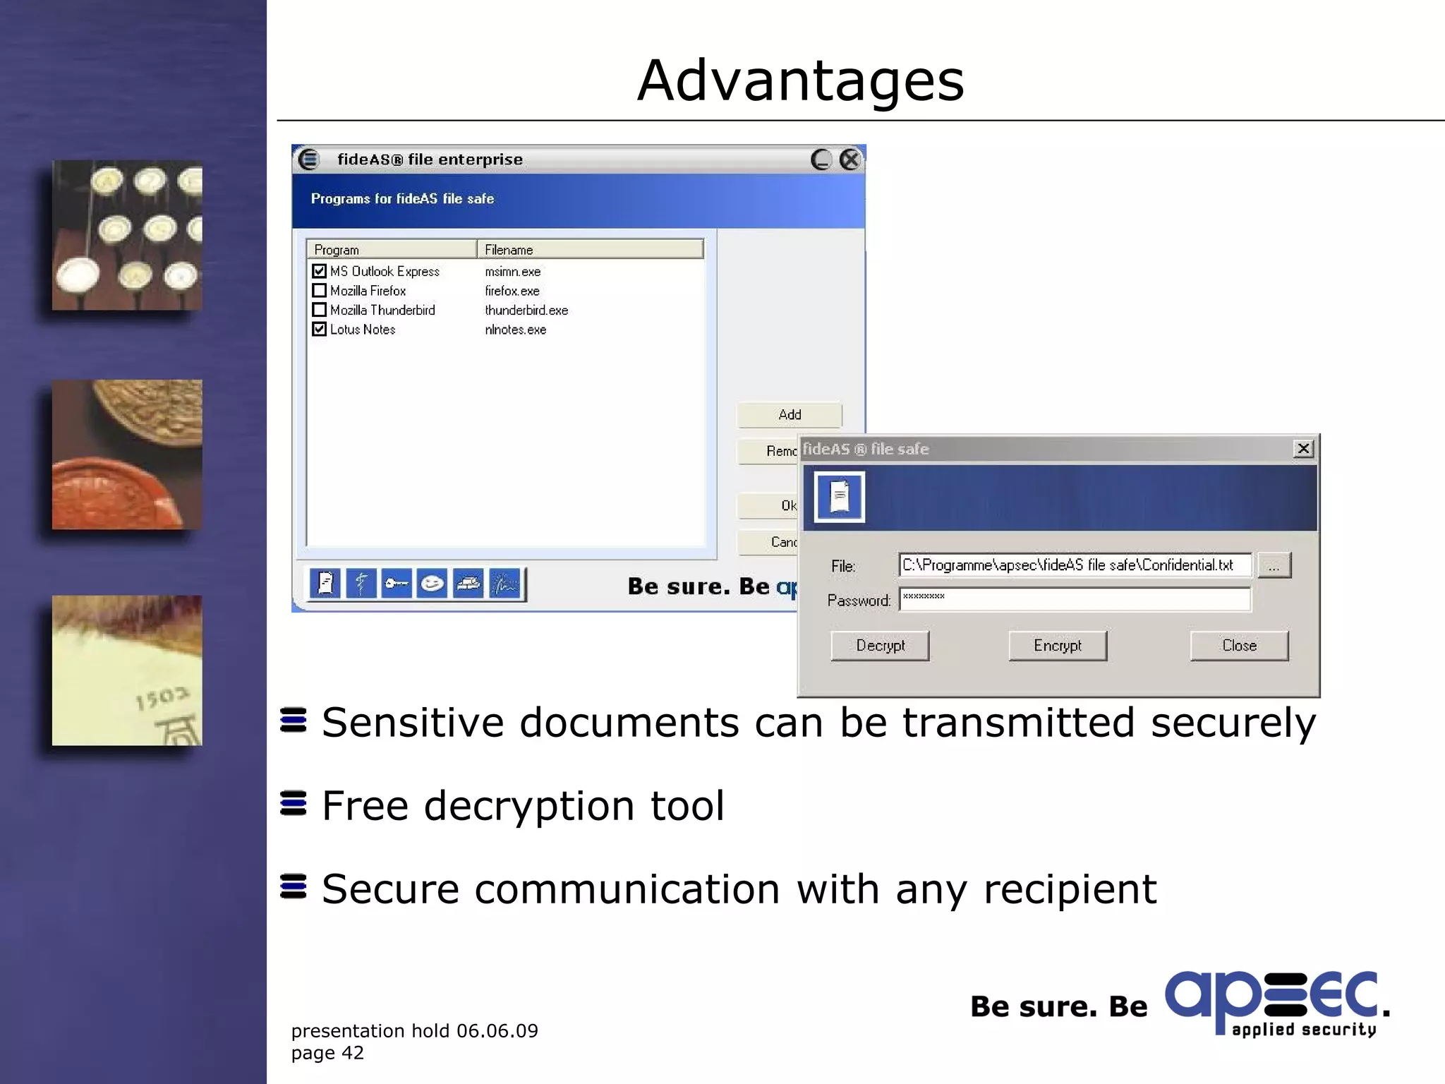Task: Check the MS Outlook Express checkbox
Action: click(320, 271)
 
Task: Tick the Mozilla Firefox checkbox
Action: click(320, 291)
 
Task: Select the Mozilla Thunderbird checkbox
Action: click(320, 310)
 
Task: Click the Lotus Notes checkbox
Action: click(320, 330)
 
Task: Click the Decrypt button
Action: click(880, 646)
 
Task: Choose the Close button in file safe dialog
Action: click(1239, 646)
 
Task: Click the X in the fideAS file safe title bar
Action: click(1303, 449)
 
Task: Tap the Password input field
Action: click(1075, 599)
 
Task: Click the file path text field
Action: click(1075, 565)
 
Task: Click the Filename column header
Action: click(591, 250)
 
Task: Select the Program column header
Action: click(392, 250)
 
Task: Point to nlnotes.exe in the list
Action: click(515, 330)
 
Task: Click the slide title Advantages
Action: click(801, 80)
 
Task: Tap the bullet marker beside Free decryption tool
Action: click(294, 803)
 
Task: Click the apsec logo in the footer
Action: click(1276, 1004)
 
